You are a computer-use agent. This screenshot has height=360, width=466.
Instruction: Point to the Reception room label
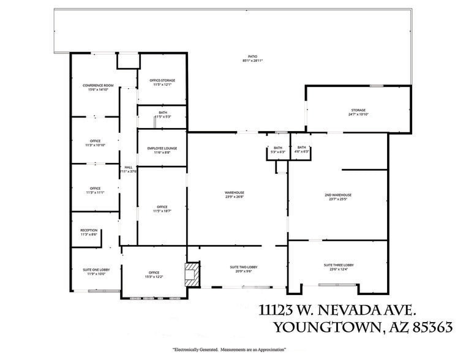(89, 232)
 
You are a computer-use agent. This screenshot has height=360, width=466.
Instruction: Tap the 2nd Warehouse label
(338, 197)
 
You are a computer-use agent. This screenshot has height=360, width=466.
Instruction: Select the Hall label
(129, 169)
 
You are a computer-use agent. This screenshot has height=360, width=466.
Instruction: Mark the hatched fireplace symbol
(192, 273)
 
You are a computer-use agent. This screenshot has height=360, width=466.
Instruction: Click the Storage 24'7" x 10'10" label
(358, 113)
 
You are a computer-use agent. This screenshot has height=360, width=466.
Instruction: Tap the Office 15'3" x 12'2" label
(154, 274)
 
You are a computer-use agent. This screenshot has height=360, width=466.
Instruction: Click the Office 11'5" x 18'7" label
(162, 209)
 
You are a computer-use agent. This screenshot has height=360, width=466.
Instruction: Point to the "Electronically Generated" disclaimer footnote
(230, 348)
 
